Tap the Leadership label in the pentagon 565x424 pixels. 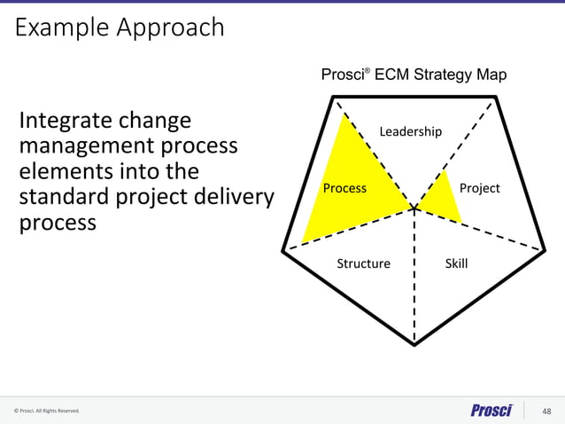pos(410,132)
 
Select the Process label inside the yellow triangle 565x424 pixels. pos(344,188)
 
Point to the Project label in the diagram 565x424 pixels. pos(479,188)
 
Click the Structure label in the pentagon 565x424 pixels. pos(363,263)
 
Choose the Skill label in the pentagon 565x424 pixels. pos(456,263)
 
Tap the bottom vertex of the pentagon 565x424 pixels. pos(414,344)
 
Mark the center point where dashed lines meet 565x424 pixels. pos(414,209)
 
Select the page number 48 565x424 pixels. pos(546,411)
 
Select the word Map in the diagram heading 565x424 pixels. pos(491,75)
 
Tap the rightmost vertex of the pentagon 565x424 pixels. pos(545,251)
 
